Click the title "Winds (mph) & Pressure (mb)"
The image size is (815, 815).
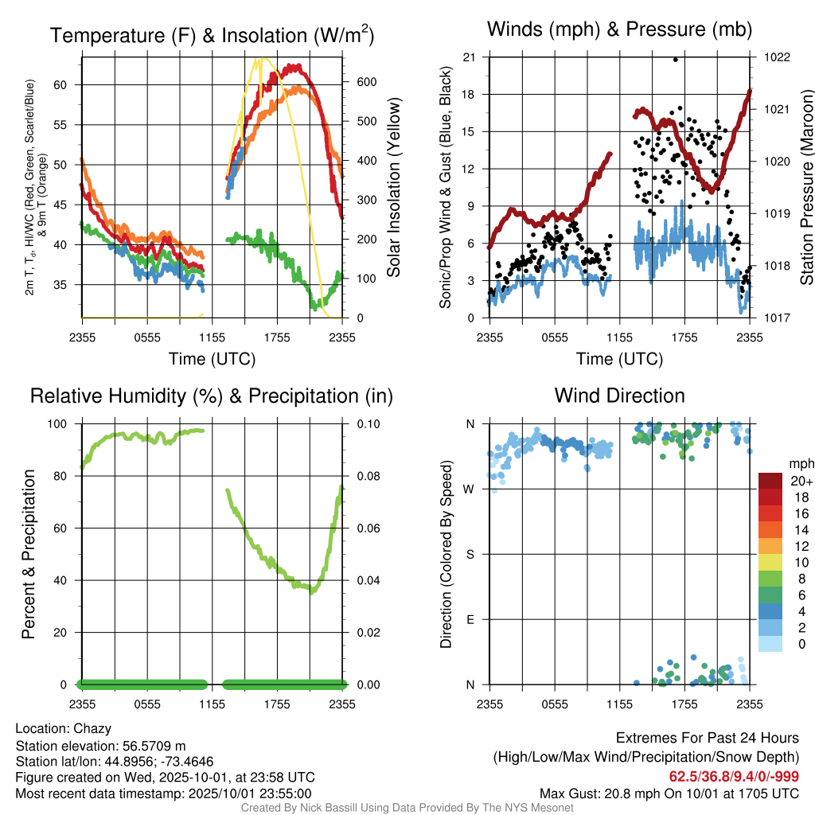[x=619, y=30]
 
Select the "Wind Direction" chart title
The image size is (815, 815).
[x=619, y=396]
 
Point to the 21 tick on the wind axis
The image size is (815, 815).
[x=469, y=57]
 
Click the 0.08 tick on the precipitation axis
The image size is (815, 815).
[x=366, y=476]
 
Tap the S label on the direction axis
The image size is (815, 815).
[x=470, y=554]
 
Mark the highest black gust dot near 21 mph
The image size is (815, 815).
[x=676, y=60]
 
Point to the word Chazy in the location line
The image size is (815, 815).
[x=92, y=728]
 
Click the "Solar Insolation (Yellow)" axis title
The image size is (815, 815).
[x=393, y=188]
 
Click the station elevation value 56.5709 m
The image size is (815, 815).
[x=154, y=746]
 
